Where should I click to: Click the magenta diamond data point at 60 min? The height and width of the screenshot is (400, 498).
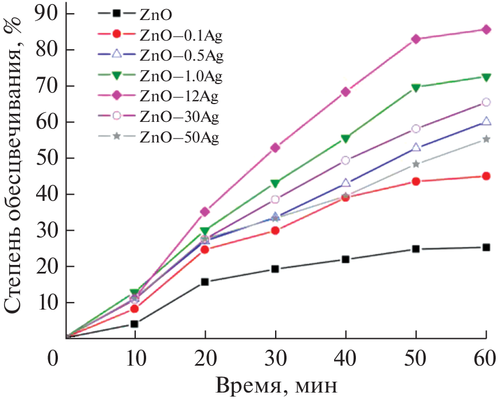486,30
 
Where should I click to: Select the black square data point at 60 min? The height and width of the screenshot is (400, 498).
486,248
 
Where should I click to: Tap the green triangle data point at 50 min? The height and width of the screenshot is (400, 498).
416,88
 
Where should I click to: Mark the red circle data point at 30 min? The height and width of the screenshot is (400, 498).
275,231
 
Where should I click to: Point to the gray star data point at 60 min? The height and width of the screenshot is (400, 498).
486,139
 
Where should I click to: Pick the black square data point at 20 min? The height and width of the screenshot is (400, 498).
205,282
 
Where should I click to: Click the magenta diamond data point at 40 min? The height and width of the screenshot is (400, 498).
346,92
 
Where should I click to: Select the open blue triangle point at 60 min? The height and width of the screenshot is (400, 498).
486,121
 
